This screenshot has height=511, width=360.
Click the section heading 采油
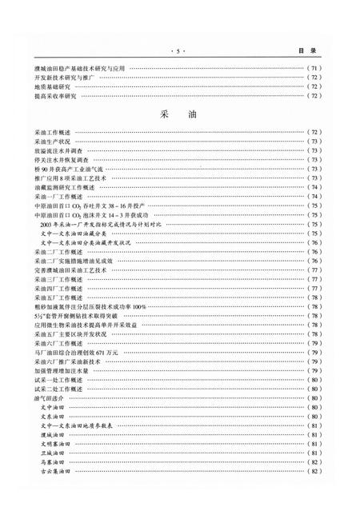pos(179,114)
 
